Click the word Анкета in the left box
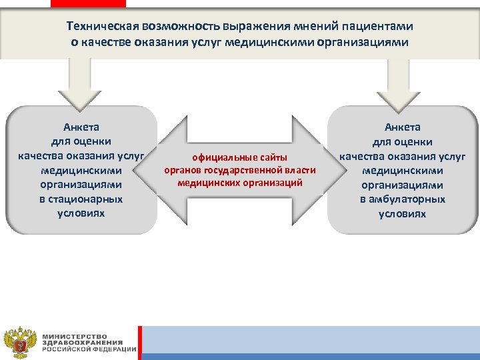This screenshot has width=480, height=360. (81, 126)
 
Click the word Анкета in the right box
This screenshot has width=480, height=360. (402, 127)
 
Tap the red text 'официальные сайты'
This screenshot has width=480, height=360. (239, 158)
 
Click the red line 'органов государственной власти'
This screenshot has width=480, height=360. (240, 170)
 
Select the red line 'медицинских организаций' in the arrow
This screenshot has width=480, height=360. (240, 182)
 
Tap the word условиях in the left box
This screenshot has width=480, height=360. (81, 214)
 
